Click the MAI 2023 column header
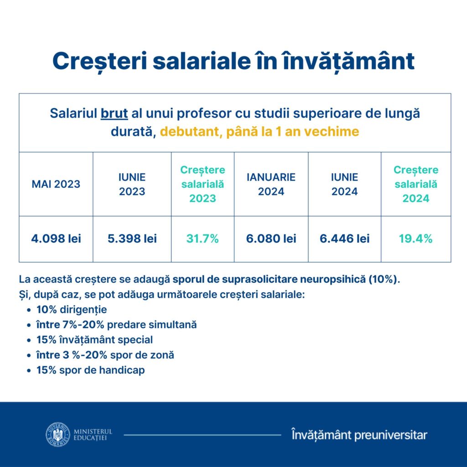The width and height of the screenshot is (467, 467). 56,184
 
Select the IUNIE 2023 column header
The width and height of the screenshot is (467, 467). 132,184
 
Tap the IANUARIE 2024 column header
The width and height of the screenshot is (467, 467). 271,184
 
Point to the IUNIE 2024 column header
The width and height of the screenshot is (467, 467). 345,184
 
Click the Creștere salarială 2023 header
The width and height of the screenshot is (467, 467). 202,184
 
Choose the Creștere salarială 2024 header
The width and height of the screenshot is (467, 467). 416,184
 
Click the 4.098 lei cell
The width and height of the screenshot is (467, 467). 56,239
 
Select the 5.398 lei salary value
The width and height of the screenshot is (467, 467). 132,239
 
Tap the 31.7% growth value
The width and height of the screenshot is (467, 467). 202,239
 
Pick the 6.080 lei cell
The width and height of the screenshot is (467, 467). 271,239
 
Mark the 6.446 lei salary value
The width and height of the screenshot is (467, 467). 345,239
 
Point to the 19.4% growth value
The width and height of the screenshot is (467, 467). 416,239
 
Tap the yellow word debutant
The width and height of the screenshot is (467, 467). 187,132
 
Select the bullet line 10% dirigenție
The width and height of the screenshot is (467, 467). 72,310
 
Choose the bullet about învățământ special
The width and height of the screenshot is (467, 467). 95,340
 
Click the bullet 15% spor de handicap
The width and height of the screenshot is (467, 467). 91,370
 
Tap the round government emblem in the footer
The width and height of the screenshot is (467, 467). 57,435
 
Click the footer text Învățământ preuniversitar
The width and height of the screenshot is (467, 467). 359,435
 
